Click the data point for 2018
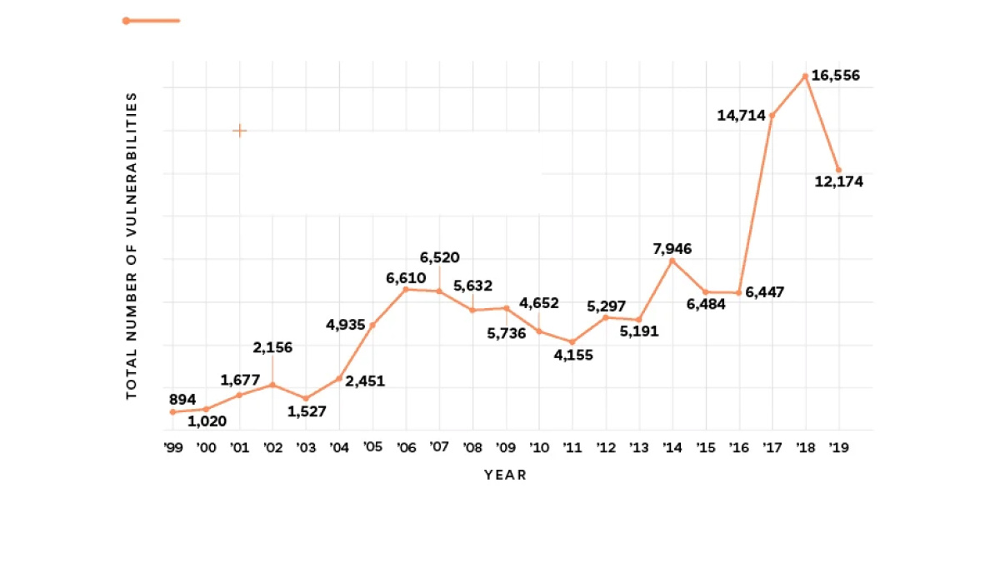click(x=805, y=77)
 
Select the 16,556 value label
click(x=835, y=76)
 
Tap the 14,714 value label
click(x=741, y=115)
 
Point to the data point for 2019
click(x=838, y=170)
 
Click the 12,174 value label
click(x=838, y=182)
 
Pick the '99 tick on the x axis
click(x=172, y=447)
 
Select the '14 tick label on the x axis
click(x=672, y=447)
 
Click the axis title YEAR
click(x=505, y=475)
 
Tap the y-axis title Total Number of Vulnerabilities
click(x=132, y=246)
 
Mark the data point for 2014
click(x=672, y=261)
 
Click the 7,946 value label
click(x=673, y=248)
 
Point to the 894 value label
click(x=182, y=399)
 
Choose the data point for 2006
click(x=406, y=289)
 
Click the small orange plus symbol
click(x=239, y=131)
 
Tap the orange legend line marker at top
click(x=152, y=21)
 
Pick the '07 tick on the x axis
click(x=439, y=447)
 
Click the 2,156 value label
click(x=272, y=347)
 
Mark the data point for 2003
click(x=306, y=398)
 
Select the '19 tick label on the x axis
click(x=838, y=447)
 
